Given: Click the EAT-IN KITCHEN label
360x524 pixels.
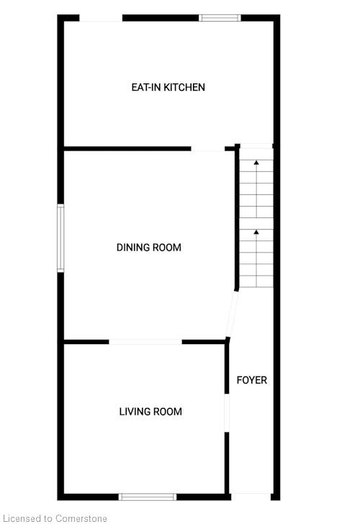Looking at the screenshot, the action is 168,87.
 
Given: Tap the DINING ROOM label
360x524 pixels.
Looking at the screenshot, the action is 149,248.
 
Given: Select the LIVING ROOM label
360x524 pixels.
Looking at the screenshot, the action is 150,412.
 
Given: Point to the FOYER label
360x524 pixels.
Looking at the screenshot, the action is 252,380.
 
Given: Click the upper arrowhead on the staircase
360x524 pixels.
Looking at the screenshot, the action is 256,163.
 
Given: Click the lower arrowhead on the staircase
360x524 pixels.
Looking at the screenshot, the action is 256,232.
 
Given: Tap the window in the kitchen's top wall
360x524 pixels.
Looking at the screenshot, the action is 220,18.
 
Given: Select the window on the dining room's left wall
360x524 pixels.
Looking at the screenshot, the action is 60,238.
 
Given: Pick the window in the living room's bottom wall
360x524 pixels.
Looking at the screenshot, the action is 148,497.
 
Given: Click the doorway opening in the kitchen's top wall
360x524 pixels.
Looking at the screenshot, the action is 101,18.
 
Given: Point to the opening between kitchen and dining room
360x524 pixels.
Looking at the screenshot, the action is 207,149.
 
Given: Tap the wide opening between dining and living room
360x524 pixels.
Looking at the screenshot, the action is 145,342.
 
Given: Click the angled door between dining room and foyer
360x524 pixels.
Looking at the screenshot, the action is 232,314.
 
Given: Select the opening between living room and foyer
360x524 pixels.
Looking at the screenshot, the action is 227,412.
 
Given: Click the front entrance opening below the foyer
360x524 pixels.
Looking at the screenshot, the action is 251,497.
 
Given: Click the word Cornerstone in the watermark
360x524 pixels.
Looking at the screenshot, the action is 81,518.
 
